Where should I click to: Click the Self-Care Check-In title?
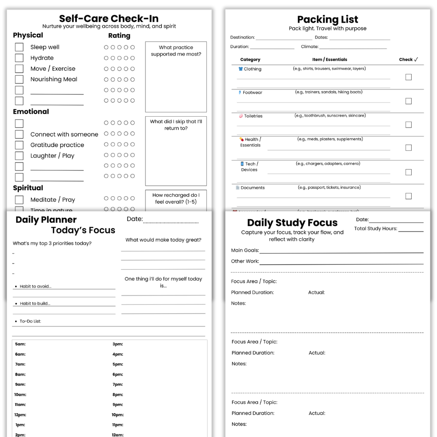click(109, 18)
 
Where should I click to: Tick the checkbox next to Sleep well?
click(19, 47)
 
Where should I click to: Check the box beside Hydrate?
click(19, 58)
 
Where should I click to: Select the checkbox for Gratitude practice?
click(19, 145)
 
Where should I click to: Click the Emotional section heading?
click(31, 111)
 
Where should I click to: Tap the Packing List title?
click(327, 20)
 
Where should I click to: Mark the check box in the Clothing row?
click(409, 77)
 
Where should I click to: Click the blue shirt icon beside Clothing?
click(240, 69)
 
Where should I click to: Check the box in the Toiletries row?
click(409, 125)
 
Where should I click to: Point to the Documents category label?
click(253, 188)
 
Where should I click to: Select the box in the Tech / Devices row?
click(409, 172)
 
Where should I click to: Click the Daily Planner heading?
click(46, 220)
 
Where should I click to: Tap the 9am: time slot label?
click(20, 385)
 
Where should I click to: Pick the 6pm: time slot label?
click(118, 375)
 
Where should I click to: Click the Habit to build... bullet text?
click(35, 304)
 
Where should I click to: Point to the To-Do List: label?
click(30, 322)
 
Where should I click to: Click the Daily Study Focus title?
click(292, 223)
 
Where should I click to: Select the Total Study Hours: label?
click(375, 229)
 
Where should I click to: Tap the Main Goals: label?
click(245, 250)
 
